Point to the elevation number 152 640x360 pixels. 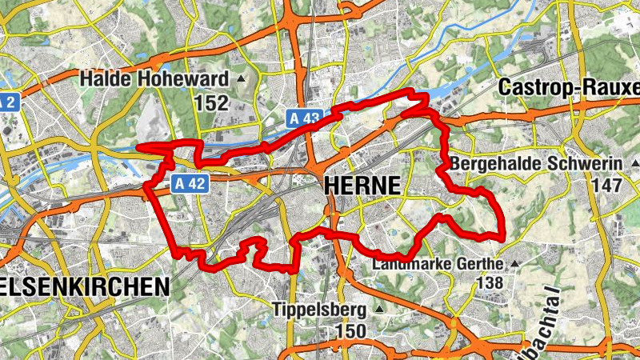tap(211, 103)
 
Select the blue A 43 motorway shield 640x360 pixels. tap(305, 118)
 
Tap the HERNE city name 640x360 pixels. tap(362, 186)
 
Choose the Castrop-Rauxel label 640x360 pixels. tap(569, 86)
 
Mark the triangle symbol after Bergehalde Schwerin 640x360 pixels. tap(630, 164)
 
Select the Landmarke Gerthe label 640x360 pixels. tap(438, 262)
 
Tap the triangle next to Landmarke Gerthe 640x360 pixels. tap(514, 262)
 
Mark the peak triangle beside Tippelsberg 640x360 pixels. tap(379, 309)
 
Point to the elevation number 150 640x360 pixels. tap(350, 330)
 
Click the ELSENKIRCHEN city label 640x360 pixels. tap(84, 286)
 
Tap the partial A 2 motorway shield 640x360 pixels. tap(7, 103)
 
